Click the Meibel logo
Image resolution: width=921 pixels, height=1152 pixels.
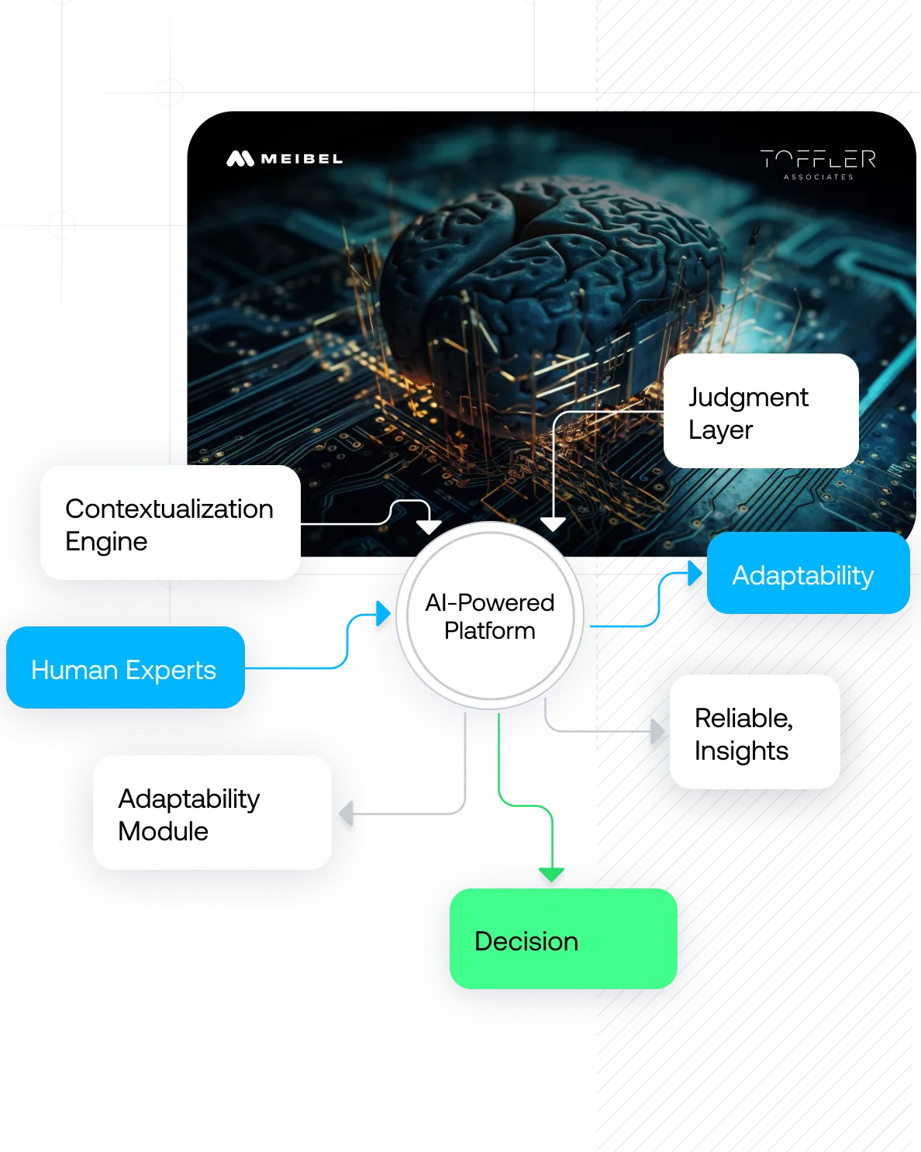(284, 159)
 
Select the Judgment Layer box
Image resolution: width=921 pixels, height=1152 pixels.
(761, 411)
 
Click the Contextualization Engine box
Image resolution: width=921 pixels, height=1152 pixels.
(170, 523)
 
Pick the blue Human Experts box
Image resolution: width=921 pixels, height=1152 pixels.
(125, 667)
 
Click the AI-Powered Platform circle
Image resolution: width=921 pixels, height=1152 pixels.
(489, 616)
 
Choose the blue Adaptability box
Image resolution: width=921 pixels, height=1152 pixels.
(808, 574)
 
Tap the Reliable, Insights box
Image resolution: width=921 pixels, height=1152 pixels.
(754, 732)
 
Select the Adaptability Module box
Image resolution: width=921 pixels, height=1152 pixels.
(212, 812)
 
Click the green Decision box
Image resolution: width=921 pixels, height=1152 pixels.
(563, 939)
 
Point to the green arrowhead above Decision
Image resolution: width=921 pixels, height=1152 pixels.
(550, 874)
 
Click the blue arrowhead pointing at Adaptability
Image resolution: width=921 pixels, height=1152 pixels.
(694, 574)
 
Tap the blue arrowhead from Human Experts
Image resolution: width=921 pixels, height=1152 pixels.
(383, 613)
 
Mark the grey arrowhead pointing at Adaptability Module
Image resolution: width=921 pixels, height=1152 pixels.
(347, 812)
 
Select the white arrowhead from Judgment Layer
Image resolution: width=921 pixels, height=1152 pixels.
(553, 524)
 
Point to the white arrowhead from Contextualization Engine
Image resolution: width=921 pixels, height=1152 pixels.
(429, 526)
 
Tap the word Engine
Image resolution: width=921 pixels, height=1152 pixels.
(106, 542)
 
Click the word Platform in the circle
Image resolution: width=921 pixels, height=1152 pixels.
(489, 631)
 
